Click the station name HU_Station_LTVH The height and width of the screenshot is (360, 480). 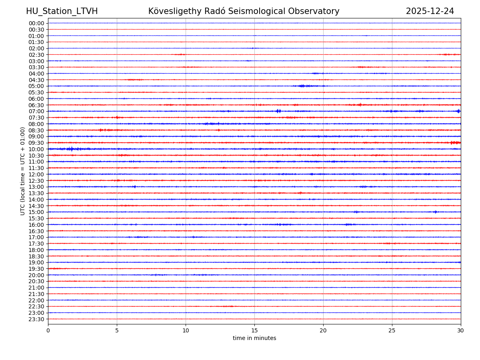(x=62, y=11)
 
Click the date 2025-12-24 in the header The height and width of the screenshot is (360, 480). (x=430, y=11)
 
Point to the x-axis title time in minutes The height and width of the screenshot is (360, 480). (x=254, y=338)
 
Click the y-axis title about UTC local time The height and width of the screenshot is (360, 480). (x=23, y=171)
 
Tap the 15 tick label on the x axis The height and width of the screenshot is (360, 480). (x=254, y=331)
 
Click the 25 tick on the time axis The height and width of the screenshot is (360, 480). (x=392, y=331)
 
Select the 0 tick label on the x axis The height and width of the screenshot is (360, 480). (x=48, y=331)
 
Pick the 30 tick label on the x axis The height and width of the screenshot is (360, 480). (x=461, y=331)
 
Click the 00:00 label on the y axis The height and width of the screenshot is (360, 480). (x=36, y=23)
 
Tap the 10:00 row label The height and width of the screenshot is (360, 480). (x=36, y=149)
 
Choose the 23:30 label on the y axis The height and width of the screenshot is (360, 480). (x=36, y=319)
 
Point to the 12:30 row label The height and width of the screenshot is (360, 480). (x=36, y=181)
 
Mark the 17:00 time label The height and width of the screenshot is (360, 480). (x=36, y=237)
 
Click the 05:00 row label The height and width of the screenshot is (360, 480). (x=36, y=86)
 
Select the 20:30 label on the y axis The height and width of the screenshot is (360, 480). (x=36, y=281)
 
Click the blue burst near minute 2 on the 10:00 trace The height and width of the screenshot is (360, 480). (x=72, y=149)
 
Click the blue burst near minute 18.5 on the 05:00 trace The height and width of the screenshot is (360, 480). (x=303, y=86)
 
